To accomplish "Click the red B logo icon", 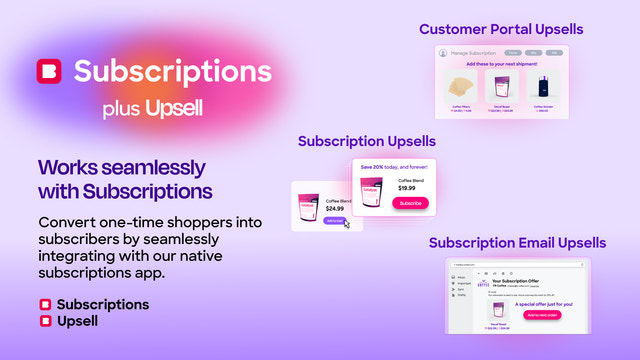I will click(x=48, y=72).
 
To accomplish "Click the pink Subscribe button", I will click(x=410, y=203).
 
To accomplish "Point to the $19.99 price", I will click(x=407, y=187).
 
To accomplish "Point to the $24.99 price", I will click(x=335, y=209).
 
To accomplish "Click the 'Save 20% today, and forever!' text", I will click(x=393, y=166).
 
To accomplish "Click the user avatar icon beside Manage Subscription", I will click(x=443, y=52).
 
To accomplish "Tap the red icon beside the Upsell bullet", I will click(x=45, y=321).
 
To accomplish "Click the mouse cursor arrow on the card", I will click(x=346, y=223).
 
